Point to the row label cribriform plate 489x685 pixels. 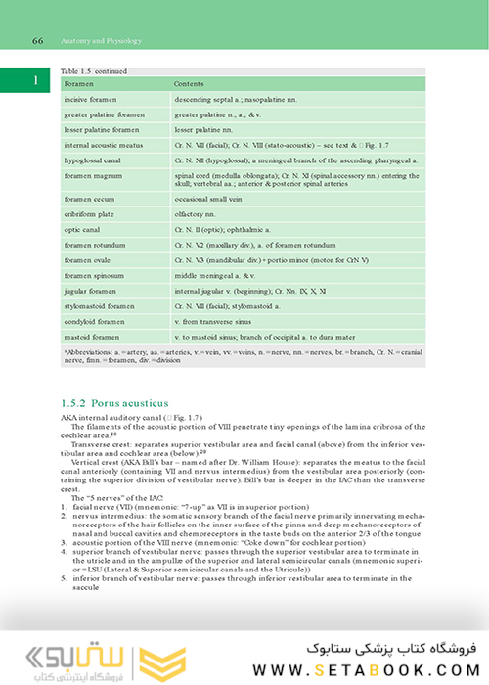pyautogui.click(x=89, y=212)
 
